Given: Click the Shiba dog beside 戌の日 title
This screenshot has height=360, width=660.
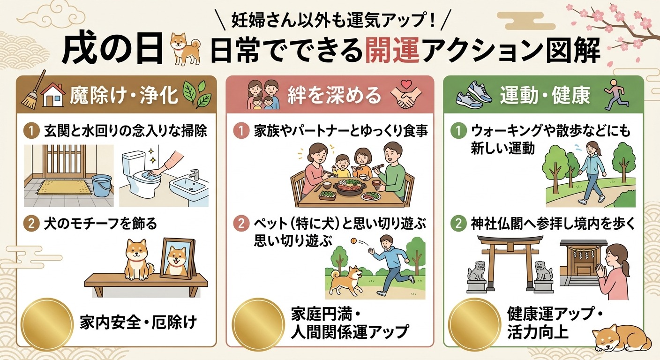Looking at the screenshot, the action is click(186, 49).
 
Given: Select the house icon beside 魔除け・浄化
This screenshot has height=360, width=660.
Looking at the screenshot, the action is click(53, 95).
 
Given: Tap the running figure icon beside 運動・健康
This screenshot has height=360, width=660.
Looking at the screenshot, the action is click(617, 94).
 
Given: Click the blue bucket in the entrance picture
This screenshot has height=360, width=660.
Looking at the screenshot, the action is click(102, 186).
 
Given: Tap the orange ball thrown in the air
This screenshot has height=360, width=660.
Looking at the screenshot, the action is click(353, 240).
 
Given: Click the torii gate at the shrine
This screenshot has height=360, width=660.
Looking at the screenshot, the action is click(507, 262).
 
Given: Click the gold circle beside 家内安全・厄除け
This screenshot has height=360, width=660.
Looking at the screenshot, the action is click(47, 324).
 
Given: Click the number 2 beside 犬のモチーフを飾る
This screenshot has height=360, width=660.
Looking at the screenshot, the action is click(31, 224).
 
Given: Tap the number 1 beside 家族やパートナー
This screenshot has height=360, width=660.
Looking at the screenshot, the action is click(241, 131).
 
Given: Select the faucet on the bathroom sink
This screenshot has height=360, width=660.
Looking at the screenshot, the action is click(195, 174).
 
